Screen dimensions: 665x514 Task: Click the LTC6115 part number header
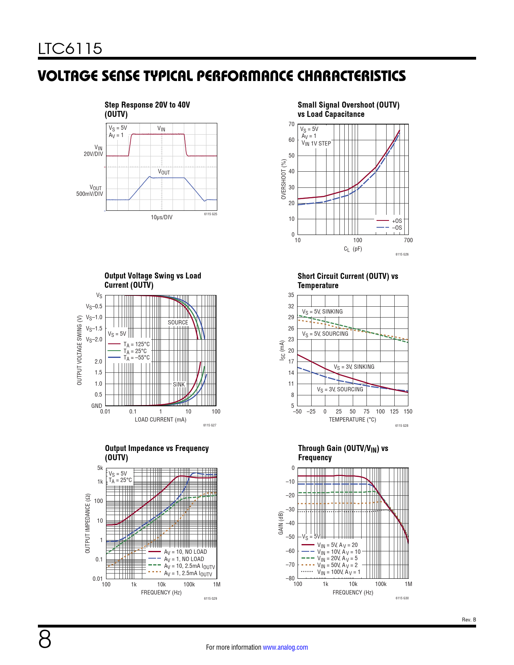(70, 49)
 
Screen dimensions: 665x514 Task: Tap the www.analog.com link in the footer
(285, 647)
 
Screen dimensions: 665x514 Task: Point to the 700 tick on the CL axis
(408, 240)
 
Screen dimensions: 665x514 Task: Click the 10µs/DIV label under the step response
(162, 217)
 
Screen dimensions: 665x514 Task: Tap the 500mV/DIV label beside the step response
(89, 194)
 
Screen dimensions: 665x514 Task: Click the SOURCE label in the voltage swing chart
(178, 322)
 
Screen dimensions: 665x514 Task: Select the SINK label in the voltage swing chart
(179, 384)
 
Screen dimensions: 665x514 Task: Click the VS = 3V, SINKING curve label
(354, 367)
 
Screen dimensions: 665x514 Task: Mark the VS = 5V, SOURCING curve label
(325, 334)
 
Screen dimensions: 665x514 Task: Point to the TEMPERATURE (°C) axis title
(352, 420)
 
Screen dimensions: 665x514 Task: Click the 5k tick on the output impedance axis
(100, 468)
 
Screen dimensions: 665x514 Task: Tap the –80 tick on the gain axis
(290, 578)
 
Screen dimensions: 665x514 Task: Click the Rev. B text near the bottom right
(469, 619)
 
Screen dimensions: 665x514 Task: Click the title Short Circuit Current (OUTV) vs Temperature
(348, 281)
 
